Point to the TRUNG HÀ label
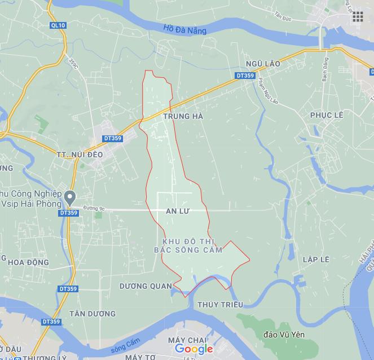coord(182,116)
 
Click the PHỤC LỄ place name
coord(327,115)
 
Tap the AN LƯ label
coord(176,210)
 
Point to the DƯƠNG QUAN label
coord(146,286)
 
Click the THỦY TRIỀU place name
coord(220,305)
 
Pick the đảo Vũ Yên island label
coord(284,335)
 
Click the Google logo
coord(193,349)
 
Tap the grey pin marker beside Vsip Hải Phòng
coord(71,197)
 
